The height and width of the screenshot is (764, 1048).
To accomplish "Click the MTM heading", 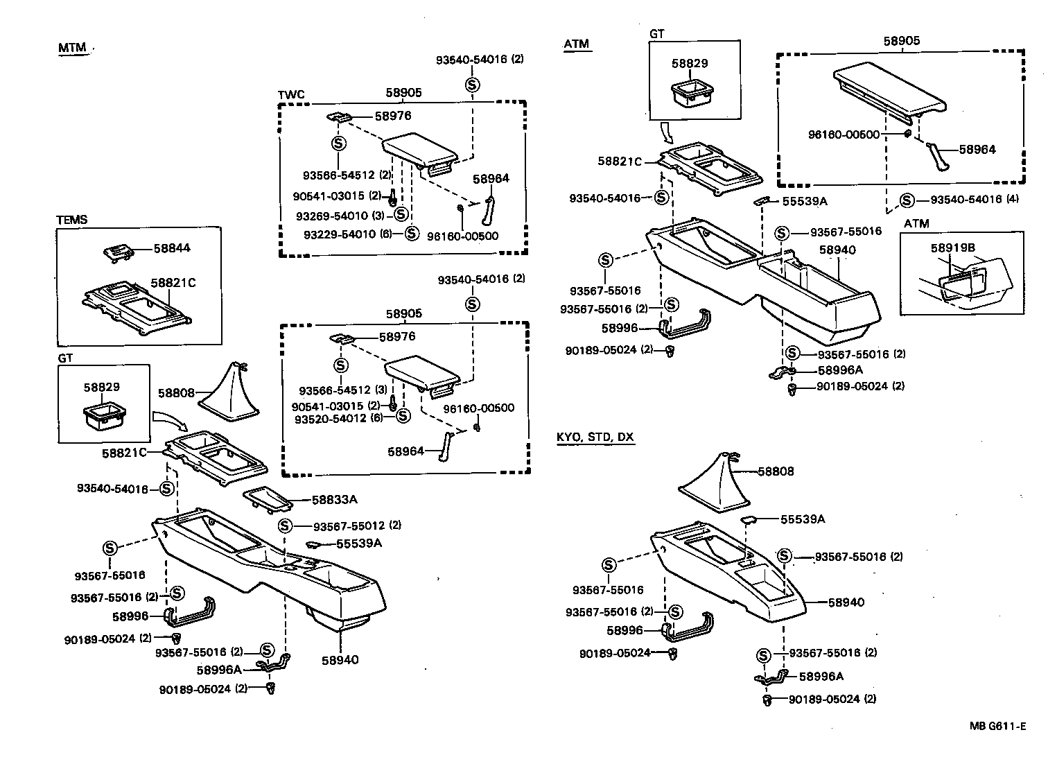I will [x=73, y=48].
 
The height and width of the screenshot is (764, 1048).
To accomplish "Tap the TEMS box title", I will [x=72, y=220].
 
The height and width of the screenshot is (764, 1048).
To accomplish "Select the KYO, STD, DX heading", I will [x=595, y=437].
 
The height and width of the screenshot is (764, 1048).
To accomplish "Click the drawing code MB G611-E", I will [x=997, y=727].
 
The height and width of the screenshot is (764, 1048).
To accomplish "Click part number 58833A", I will [x=334, y=499].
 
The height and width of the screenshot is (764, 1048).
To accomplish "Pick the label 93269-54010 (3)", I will [x=340, y=216].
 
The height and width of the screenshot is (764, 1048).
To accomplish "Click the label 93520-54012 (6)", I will [x=339, y=419].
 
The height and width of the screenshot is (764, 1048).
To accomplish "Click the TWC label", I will [x=291, y=95].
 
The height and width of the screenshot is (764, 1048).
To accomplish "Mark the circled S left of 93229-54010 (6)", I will [x=412, y=233].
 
